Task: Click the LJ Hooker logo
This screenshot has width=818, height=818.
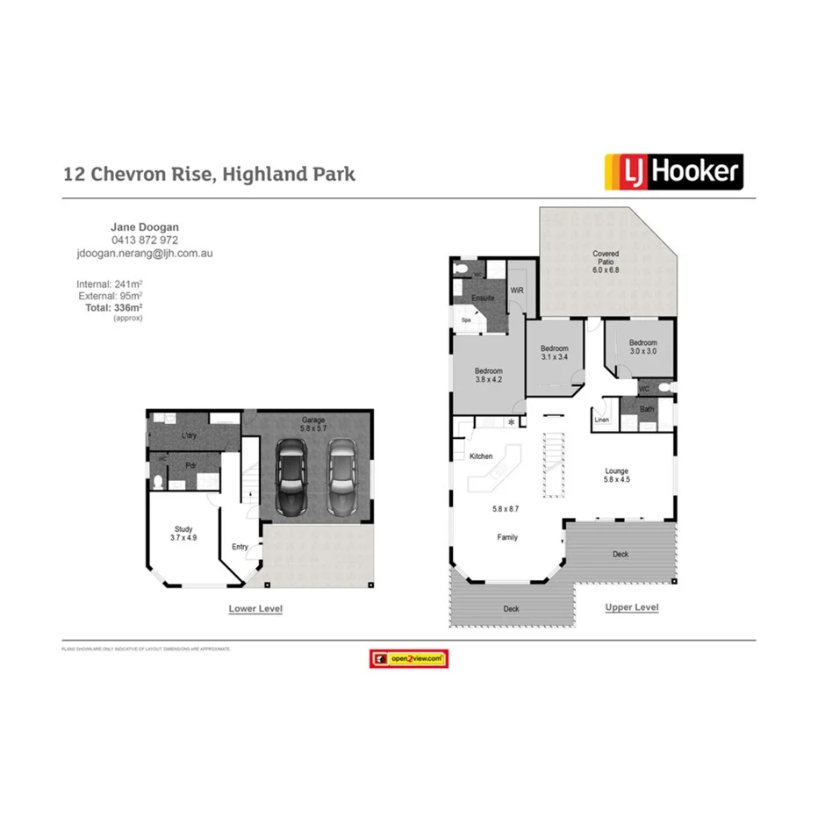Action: [x=673, y=172]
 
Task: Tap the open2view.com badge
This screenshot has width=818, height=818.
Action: [x=408, y=658]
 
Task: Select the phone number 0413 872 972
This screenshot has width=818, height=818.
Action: [x=145, y=240]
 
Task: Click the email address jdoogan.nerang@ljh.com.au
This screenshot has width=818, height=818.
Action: [x=145, y=253]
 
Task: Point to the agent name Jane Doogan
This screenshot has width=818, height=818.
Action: [x=145, y=227]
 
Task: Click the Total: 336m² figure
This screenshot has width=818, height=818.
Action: [x=113, y=308]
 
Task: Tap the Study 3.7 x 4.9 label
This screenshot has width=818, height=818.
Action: [x=183, y=534]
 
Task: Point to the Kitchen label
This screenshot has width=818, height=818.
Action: [x=481, y=456]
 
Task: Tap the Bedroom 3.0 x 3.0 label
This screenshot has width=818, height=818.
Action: [x=642, y=347]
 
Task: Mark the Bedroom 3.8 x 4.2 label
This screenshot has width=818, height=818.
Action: [x=489, y=376]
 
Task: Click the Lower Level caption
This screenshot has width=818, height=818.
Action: [x=255, y=608]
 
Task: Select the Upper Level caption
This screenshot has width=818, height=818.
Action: [x=632, y=607]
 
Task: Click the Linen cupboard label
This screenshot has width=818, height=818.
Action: [x=601, y=420]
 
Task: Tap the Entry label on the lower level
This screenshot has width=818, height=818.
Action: [x=240, y=547]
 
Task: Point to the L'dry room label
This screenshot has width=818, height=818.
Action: [x=188, y=436]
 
